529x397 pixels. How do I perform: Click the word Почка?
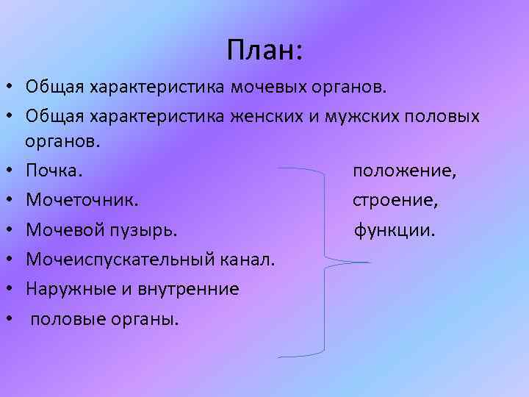54,171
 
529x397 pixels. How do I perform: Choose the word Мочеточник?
82,200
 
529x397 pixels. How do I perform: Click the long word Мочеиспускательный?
120,259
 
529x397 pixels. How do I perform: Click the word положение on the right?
404,171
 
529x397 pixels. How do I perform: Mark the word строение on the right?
395,200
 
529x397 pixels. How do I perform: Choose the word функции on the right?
395,230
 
